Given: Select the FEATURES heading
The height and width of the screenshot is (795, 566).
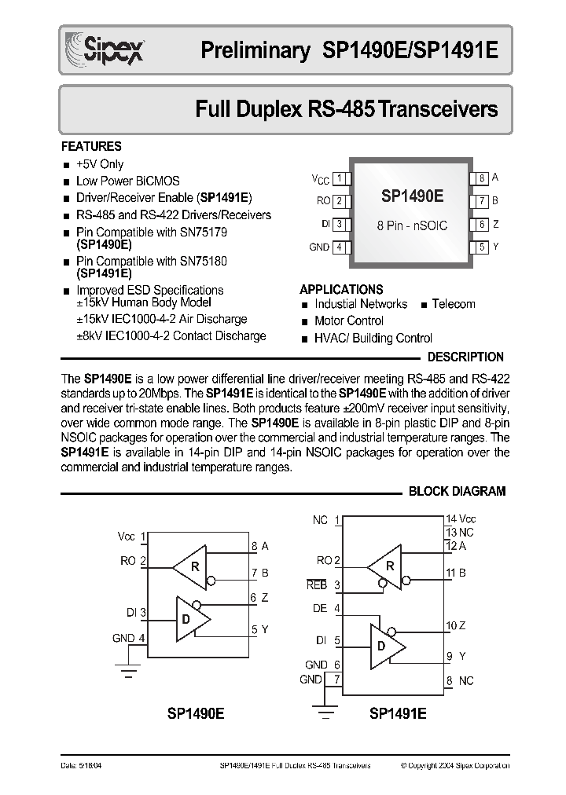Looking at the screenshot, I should point(91,146).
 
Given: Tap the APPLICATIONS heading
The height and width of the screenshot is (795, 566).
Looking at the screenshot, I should point(341,289).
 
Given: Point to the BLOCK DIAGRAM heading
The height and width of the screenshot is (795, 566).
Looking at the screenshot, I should point(457,491).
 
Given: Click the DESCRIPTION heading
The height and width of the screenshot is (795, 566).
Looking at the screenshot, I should point(465,357).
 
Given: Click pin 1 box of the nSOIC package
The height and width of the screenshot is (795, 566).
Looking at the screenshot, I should point(339,178).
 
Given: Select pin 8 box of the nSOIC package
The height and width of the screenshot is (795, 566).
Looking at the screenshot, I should point(481,178).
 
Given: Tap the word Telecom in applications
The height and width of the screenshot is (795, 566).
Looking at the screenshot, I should point(454,304).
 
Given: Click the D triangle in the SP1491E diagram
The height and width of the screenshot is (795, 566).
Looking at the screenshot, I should point(386,645).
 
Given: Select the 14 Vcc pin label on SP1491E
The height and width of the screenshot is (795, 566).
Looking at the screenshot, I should point(461,519).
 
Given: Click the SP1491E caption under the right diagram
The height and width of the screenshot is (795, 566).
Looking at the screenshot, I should point(397,714).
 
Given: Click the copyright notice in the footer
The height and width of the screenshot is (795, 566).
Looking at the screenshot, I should point(454,765).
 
